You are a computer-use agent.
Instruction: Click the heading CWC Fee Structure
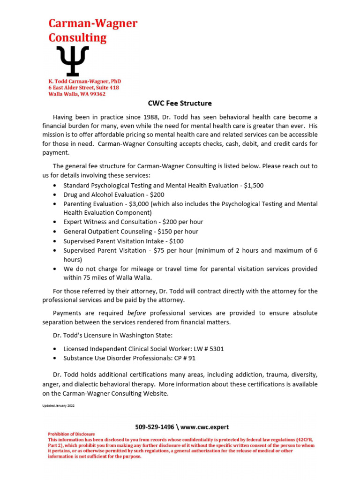[180, 103]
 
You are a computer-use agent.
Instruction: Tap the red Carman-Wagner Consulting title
[93, 30]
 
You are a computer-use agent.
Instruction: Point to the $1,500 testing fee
[254, 185]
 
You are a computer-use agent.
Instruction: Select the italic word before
[137, 313]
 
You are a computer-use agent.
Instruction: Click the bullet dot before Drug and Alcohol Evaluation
[55, 195]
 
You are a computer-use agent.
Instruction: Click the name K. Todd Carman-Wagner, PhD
[85, 82]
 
